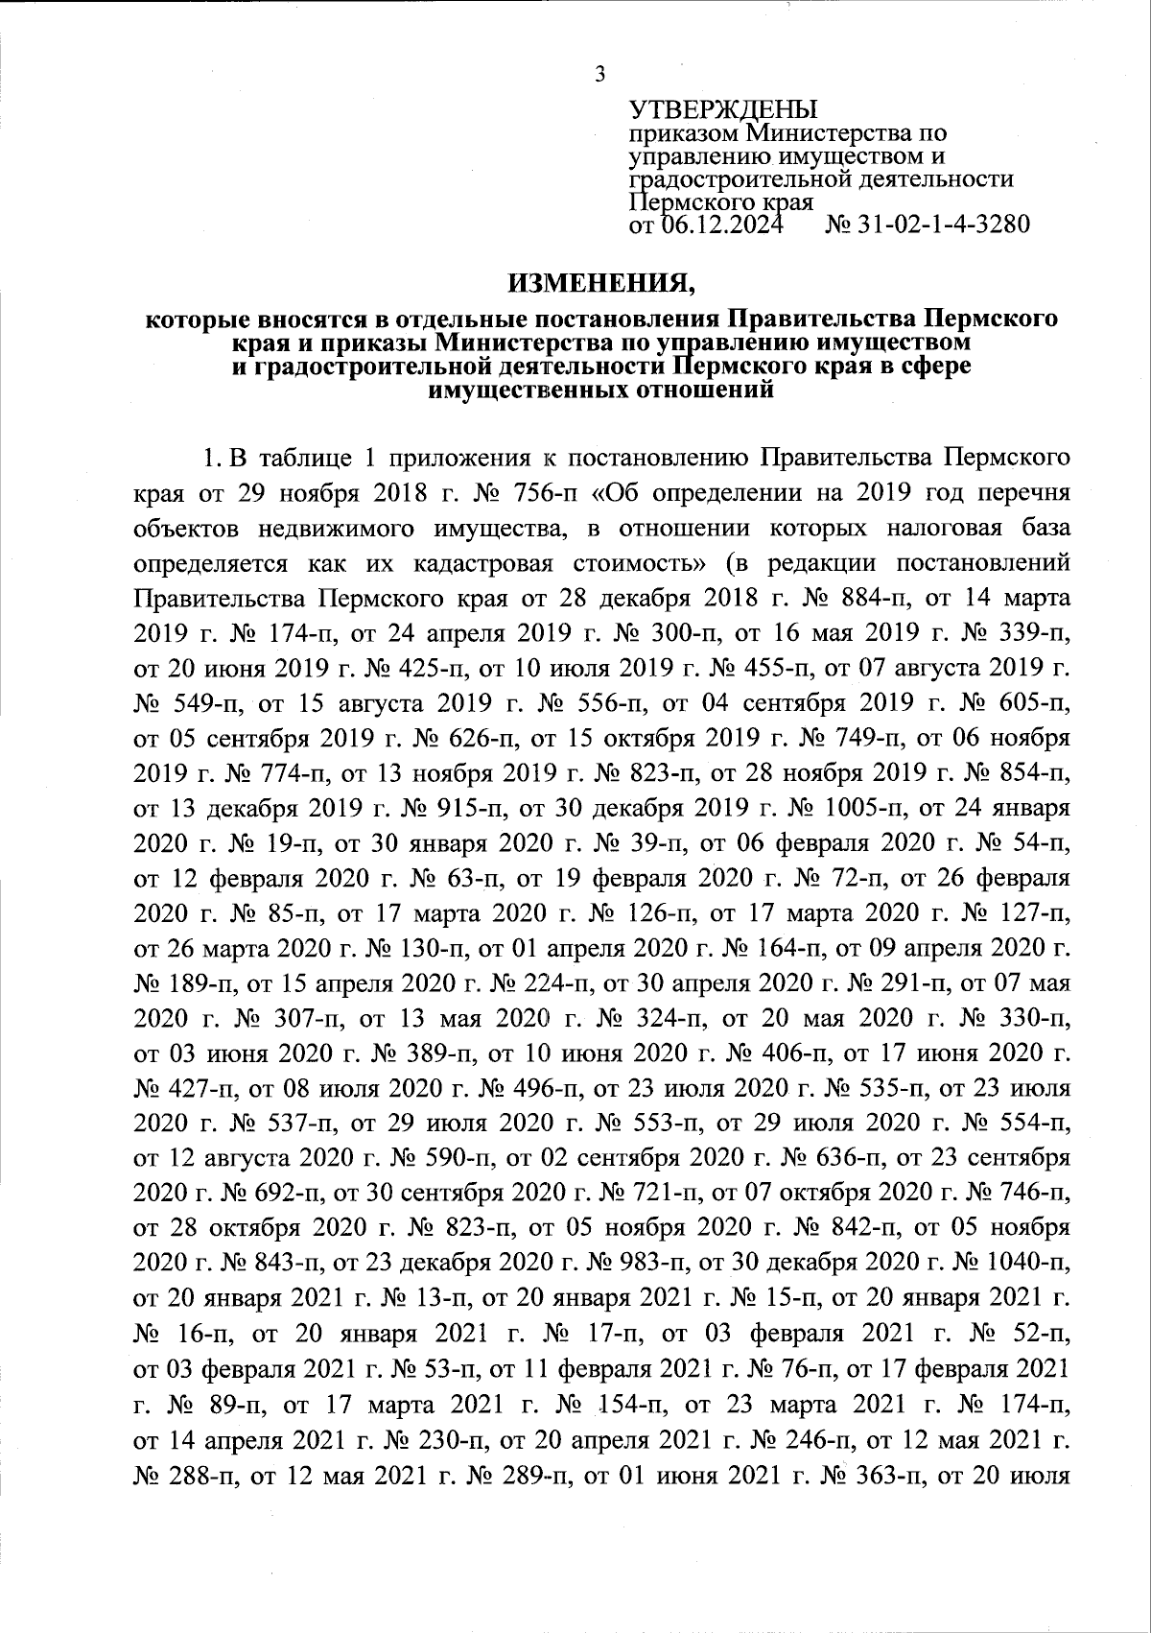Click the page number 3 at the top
tap(600, 74)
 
